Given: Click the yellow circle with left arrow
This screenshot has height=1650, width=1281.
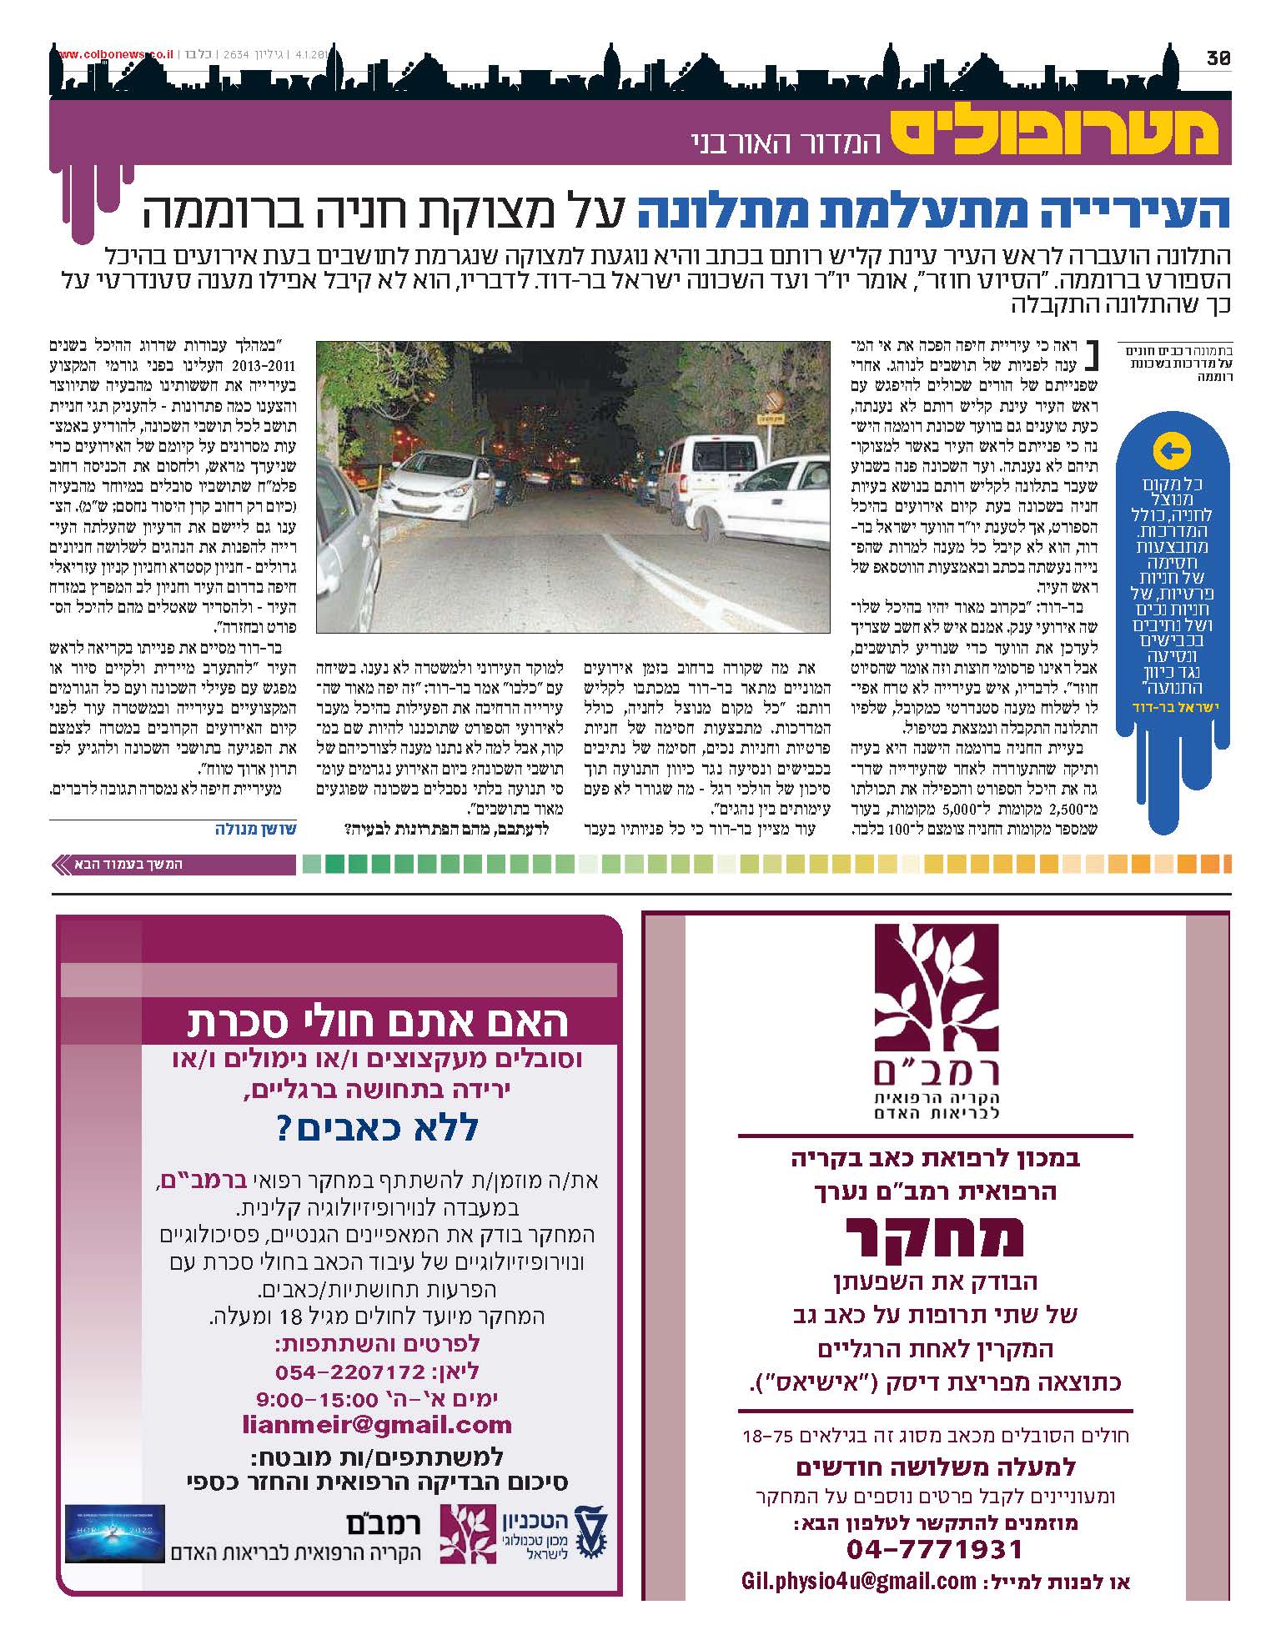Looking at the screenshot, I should [1171, 451].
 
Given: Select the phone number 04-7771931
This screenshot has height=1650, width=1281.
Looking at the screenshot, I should [934, 1549].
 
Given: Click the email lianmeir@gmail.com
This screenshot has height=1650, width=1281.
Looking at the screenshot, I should [378, 1424].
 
